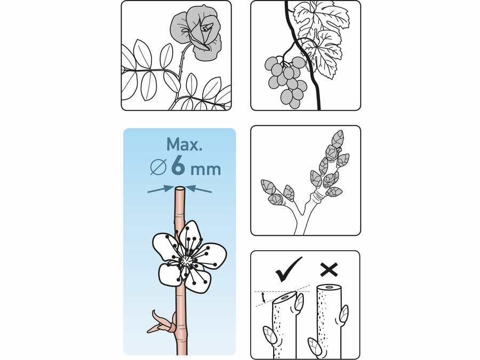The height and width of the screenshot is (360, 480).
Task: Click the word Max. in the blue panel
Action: click(x=185, y=144)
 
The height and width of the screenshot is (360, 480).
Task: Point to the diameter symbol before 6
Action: click(x=158, y=167)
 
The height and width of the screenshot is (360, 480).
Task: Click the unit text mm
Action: click(x=205, y=170)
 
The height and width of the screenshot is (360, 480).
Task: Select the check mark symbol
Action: click(x=288, y=269)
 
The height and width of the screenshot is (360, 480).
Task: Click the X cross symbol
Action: click(x=329, y=270)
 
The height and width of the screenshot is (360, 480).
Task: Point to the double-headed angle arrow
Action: click(x=262, y=297)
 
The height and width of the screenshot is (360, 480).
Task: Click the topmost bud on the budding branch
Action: click(x=338, y=139)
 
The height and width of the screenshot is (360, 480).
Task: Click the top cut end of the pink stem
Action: click(x=180, y=188)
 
